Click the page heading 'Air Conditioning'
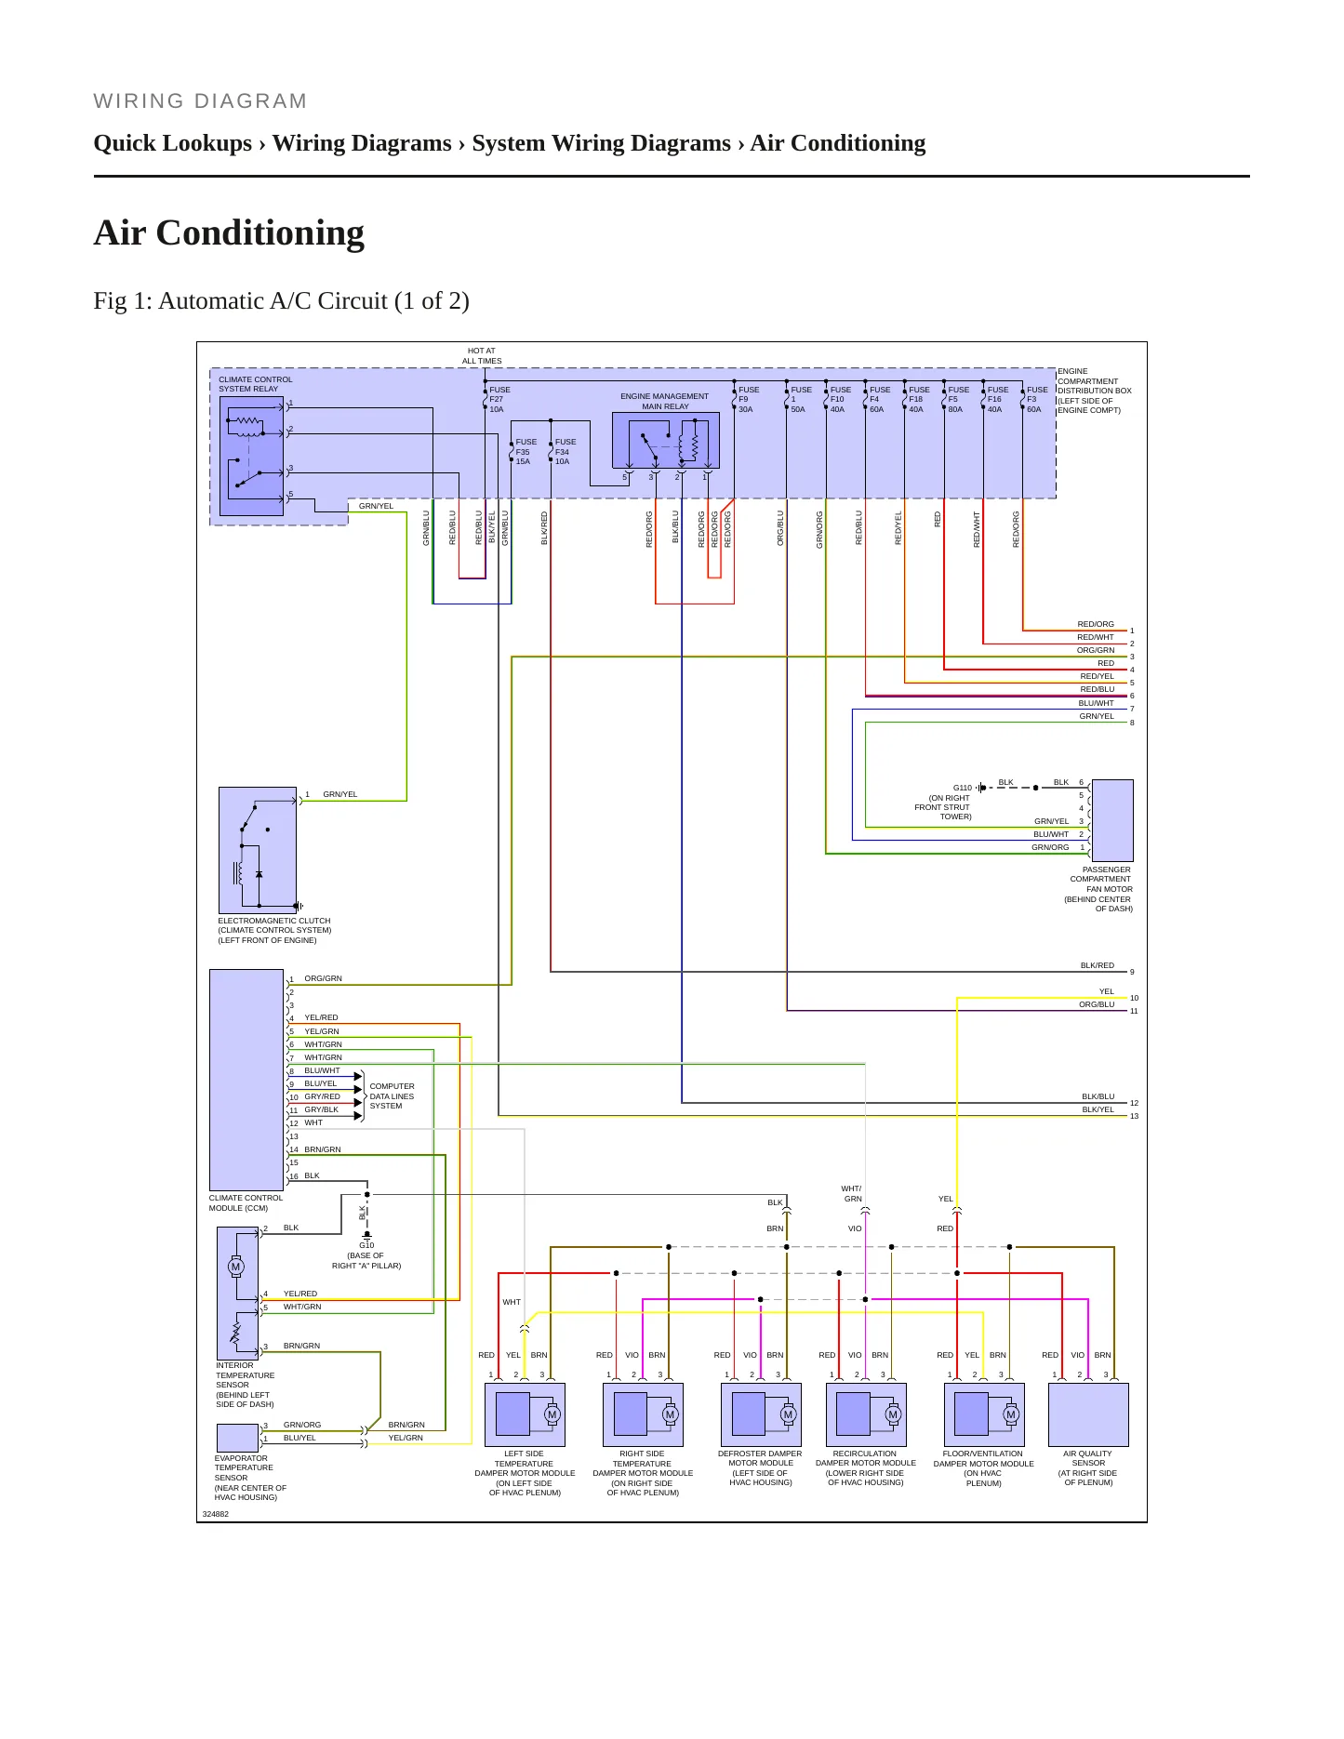[x=229, y=232]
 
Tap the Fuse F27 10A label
[x=499, y=400]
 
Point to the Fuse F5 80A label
[x=958, y=400]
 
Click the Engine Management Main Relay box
[x=665, y=440]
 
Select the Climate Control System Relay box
[x=251, y=457]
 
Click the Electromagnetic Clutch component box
[x=258, y=850]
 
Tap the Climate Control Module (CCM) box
[x=246, y=1080]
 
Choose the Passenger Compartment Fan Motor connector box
[x=1112, y=820]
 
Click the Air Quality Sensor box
[x=1088, y=1414]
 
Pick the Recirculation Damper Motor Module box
[x=866, y=1414]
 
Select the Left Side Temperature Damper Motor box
[x=525, y=1414]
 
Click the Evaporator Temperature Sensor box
[x=237, y=1438]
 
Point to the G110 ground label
[x=962, y=788]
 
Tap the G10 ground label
[x=366, y=1245]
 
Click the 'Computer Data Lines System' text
[x=392, y=1096]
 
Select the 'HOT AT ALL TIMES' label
[x=482, y=356]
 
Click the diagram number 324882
[x=215, y=1514]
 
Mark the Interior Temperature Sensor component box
[x=237, y=1294]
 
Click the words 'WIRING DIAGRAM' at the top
[x=200, y=101]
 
